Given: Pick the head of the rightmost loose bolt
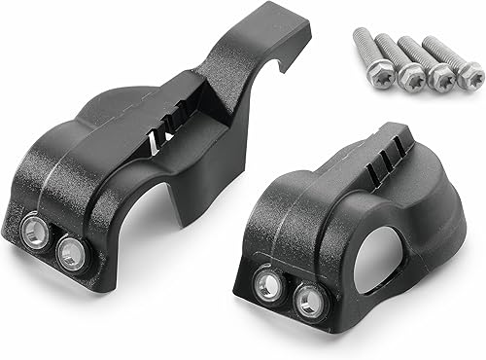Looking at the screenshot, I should (470, 73).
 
